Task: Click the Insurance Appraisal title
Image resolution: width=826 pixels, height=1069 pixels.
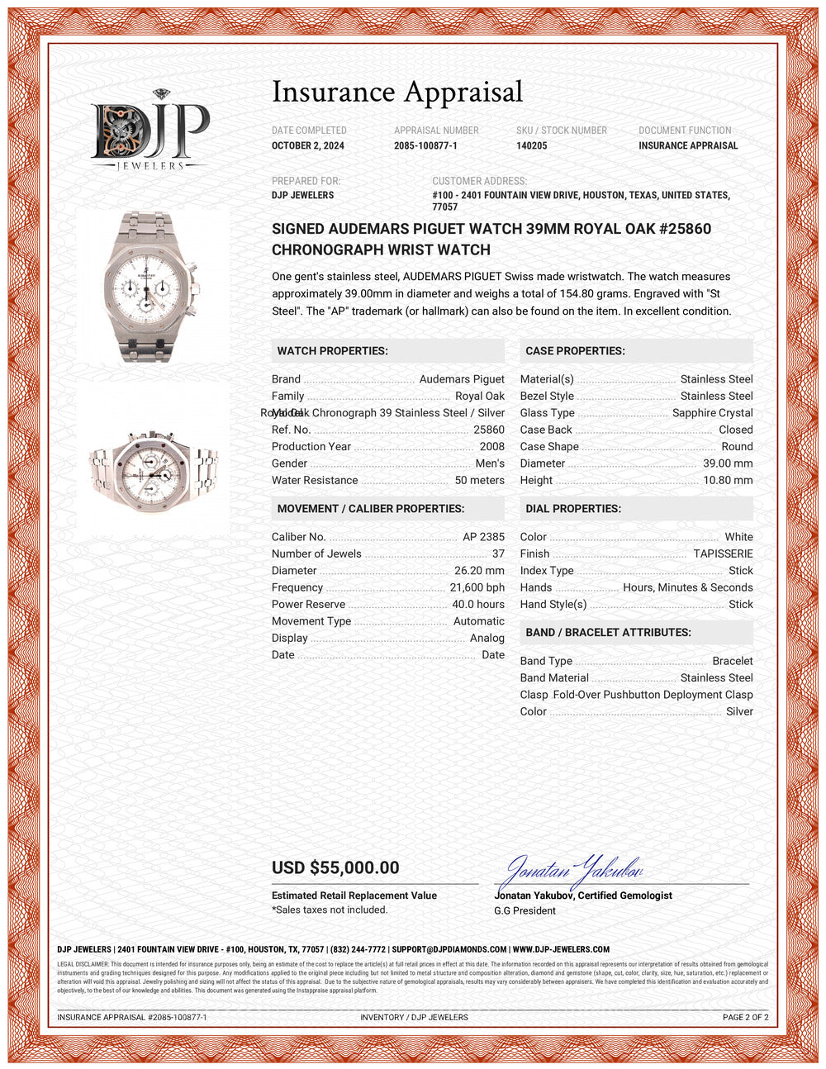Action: click(x=397, y=92)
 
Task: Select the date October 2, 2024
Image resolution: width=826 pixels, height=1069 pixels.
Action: click(x=308, y=146)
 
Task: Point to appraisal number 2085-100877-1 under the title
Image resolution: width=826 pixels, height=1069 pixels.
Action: click(x=425, y=146)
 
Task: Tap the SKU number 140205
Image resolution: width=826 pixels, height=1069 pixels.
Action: click(x=532, y=146)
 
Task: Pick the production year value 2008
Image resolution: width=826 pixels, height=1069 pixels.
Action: click(x=491, y=447)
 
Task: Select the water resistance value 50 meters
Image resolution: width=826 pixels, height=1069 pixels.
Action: click(x=479, y=481)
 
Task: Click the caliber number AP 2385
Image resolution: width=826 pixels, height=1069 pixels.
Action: click(x=483, y=537)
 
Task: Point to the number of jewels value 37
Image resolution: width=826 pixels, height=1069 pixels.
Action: click(x=498, y=554)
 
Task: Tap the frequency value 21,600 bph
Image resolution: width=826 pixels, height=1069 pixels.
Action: click(x=477, y=588)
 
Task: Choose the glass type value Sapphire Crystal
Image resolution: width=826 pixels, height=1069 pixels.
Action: click(x=712, y=413)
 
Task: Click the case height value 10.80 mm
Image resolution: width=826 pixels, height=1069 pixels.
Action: click(x=728, y=481)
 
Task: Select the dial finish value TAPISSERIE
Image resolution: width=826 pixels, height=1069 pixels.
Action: click(x=723, y=554)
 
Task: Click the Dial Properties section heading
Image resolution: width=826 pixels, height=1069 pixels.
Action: click(x=573, y=509)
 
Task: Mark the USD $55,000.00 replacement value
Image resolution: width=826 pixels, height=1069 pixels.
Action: click(x=335, y=868)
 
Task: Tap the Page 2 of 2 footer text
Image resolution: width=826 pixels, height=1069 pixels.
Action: click(x=745, y=1018)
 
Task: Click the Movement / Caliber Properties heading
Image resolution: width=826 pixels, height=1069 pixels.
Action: click(x=371, y=509)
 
